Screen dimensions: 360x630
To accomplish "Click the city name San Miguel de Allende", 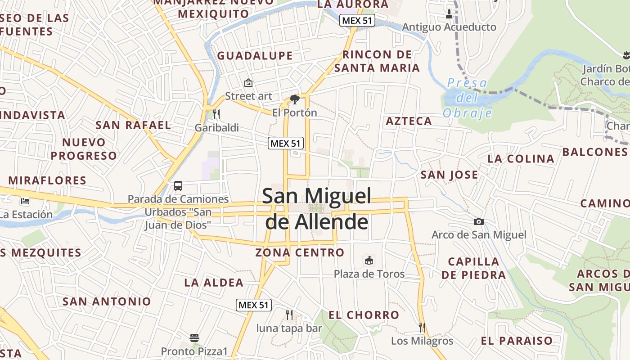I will click(x=317, y=209).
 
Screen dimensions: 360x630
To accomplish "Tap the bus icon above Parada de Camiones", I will click(x=178, y=185).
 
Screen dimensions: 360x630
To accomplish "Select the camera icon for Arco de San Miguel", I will click(x=479, y=221).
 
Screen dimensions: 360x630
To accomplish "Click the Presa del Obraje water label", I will click(x=467, y=98).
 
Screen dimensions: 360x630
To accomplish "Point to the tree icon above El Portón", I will click(x=295, y=99).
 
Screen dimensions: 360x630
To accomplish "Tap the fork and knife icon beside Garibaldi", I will click(x=216, y=114).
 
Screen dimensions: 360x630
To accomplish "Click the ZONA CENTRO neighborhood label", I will click(x=300, y=252).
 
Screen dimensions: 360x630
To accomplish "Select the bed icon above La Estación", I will click(x=25, y=201).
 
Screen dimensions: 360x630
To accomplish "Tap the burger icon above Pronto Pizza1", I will click(x=194, y=337).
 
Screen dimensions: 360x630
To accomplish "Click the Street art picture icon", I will click(x=248, y=83).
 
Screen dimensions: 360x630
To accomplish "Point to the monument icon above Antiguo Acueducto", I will click(x=449, y=14).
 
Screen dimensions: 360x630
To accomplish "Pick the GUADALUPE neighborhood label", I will click(x=255, y=56).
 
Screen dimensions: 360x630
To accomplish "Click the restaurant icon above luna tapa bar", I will click(x=289, y=315).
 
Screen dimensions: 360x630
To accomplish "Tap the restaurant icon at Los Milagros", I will click(x=422, y=327).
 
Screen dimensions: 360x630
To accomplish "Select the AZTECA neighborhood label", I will click(x=409, y=121).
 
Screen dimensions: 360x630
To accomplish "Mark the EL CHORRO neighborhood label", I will click(x=364, y=315).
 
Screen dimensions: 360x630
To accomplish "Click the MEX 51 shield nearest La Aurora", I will click(x=357, y=20).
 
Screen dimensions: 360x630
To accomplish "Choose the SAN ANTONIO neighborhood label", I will click(x=107, y=301).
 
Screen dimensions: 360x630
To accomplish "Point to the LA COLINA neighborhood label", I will click(x=521, y=158).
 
